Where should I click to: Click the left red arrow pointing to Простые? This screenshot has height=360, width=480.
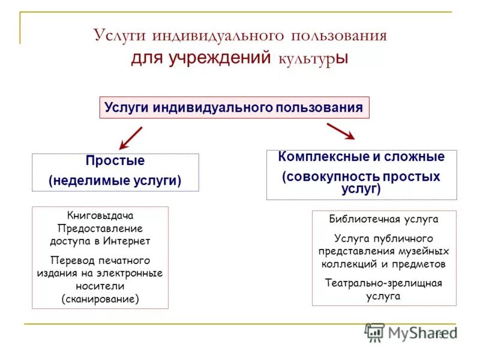click(130, 138)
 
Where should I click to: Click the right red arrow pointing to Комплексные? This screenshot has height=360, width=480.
click(340, 131)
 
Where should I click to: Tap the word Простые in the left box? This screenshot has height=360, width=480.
click(115, 161)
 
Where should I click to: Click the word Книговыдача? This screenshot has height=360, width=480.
click(100, 215)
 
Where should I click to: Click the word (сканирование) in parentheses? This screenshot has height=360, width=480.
click(100, 298)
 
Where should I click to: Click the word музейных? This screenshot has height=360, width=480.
click(424, 251)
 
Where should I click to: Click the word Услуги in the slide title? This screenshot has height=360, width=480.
click(119, 35)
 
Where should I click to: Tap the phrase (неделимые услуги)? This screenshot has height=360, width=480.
click(115, 180)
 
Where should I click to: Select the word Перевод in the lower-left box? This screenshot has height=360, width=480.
click(71, 260)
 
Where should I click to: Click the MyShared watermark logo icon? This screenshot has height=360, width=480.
click(374, 332)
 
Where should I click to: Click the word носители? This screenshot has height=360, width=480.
click(100, 286)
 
